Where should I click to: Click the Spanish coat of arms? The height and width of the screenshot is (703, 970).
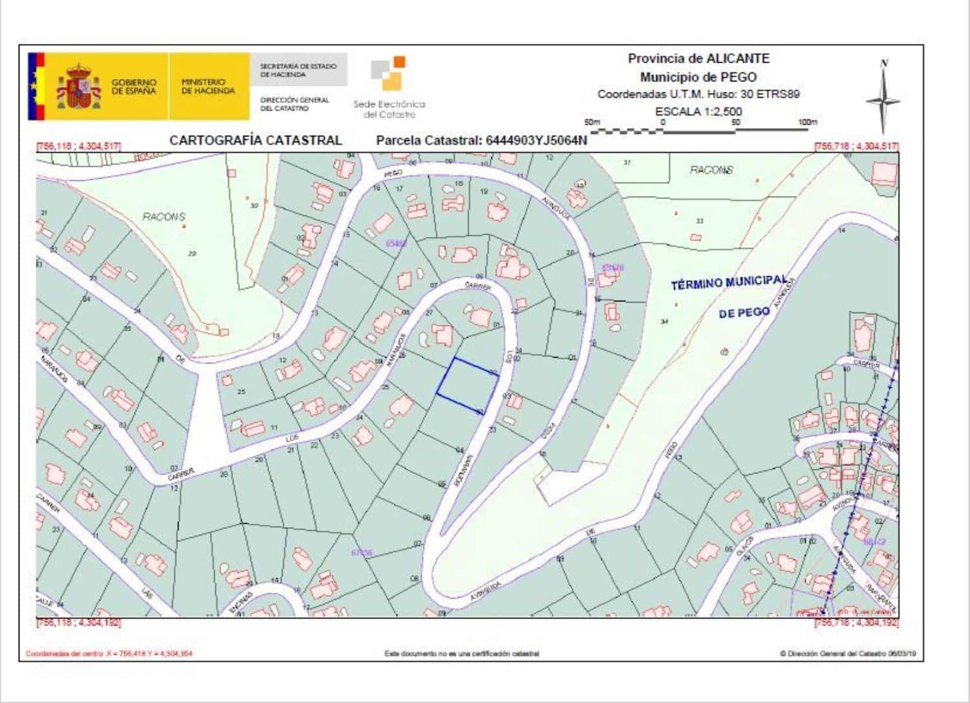(79, 87)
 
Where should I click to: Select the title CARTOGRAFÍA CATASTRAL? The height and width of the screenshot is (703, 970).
(255, 140)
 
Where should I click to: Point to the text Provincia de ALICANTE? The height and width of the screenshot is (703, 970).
(698, 58)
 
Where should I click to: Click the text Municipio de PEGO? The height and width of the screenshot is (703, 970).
(698, 77)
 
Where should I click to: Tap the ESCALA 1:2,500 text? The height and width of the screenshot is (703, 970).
(698, 111)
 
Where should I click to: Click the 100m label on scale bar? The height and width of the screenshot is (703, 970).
(807, 122)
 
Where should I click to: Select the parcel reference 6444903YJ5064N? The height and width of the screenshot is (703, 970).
(482, 140)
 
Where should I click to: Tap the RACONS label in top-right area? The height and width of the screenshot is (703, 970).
(711, 170)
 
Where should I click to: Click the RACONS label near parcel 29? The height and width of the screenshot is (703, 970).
(164, 217)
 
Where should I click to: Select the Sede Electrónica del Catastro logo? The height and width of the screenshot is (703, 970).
(389, 88)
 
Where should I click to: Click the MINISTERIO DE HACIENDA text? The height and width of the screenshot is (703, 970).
(208, 87)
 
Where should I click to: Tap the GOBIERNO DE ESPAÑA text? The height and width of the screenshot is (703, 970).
(134, 87)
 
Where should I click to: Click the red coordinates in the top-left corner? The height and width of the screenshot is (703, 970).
(79, 147)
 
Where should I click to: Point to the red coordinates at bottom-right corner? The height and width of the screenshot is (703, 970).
(856, 622)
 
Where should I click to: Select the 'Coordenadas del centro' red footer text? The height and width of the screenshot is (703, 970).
(109, 653)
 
